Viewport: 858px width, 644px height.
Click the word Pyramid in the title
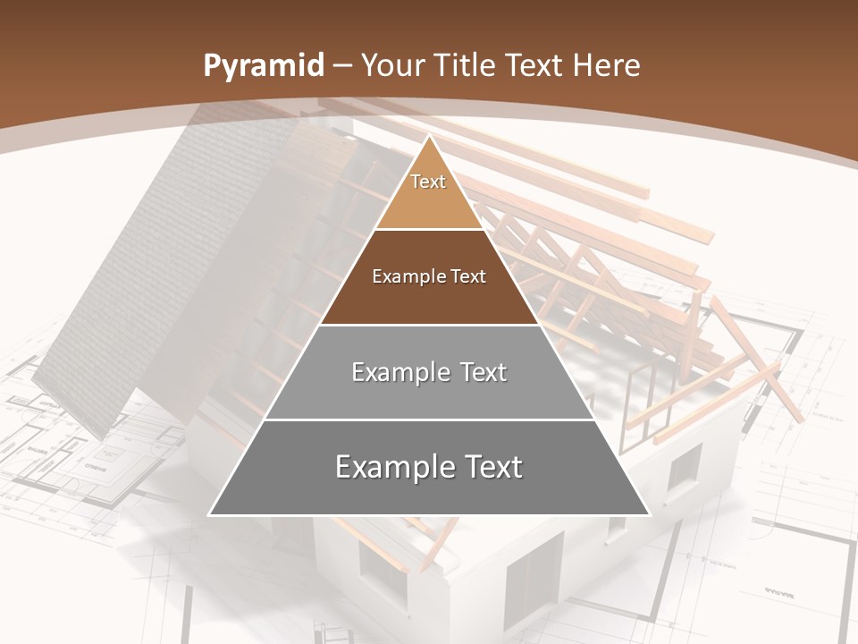[x=263, y=66]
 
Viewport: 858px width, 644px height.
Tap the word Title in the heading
[x=466, y=65]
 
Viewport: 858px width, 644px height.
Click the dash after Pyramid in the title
[x=341, y=66]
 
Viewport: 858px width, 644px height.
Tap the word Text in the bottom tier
[x=490, y=467]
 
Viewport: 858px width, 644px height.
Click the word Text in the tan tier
[x=428, y=182]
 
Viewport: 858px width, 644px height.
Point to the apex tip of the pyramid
[x=429, y=137]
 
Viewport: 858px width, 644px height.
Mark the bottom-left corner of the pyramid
[x=210, y=514]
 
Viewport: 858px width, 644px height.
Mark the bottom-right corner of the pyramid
[x=649, y=514]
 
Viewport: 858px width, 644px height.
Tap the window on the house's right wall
[x=684, y=468]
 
